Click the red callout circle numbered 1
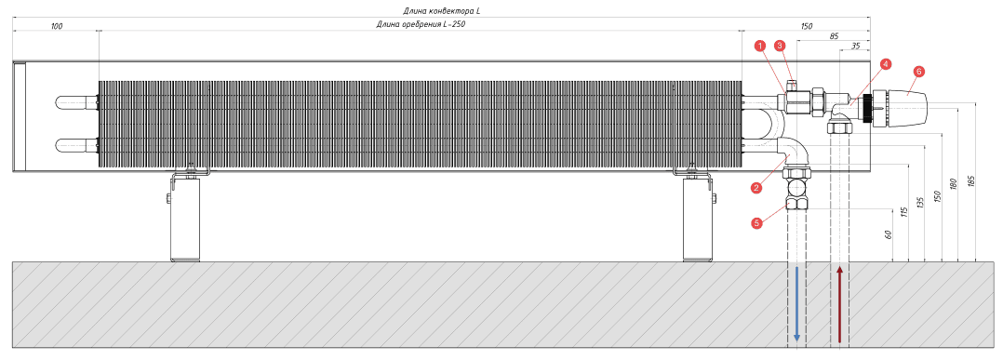coord(759,46)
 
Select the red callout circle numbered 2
coord(756,187)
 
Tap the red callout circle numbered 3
coord(779,46)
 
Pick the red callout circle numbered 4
coord(885,64)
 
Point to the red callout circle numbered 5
coord(757,223)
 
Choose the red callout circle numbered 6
coord(918,72)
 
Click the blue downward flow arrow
coord(796,304)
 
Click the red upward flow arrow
coord(840,304)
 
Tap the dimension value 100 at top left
coord(56,25)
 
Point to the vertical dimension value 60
coord(888,234)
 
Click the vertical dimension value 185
coord(971,181)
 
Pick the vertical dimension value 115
coord(904,211)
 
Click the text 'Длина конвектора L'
coord(440,11)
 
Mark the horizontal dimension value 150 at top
coord(807,25)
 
